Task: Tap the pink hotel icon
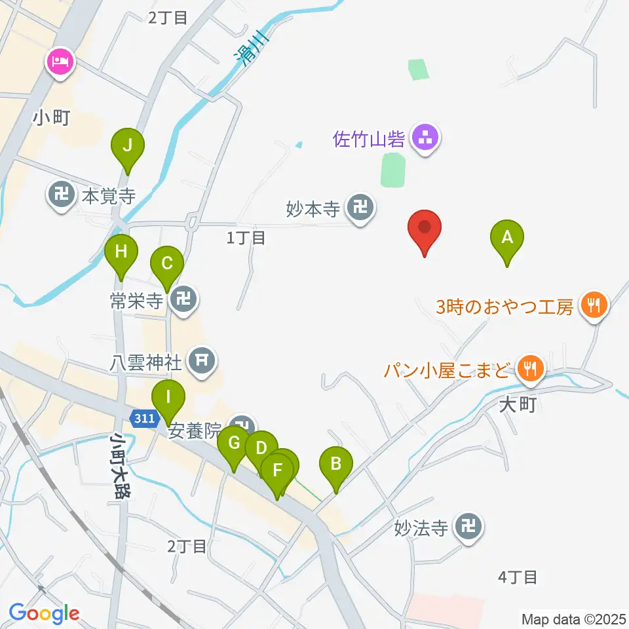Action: click(x=61, y=64)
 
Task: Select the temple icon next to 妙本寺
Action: click(x=360, y=209)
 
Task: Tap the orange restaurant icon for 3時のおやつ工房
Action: click(x=594, y=305)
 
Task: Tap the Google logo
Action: click(x=45, y=614)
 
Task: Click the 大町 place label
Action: click(x=518, y=405)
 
